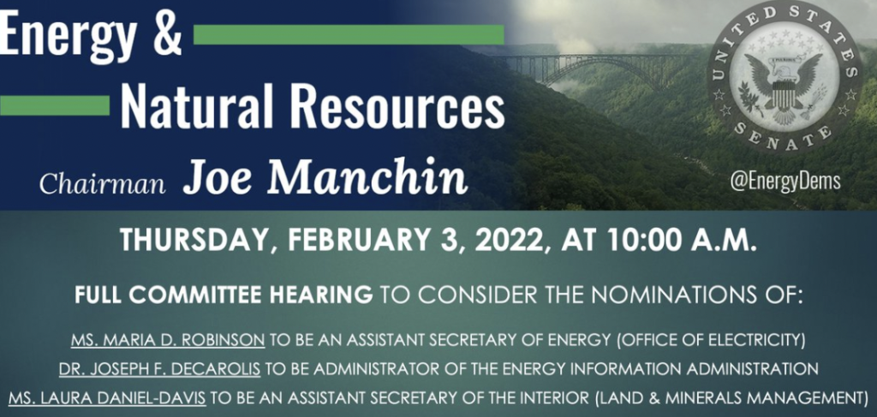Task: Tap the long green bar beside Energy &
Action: pos(349,34)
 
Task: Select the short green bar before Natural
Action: pos(55,105)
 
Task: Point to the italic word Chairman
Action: pos(103,183)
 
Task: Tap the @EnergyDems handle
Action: pos(785,182)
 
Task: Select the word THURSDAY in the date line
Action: pos(192,241)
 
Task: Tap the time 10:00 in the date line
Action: pos(646,240)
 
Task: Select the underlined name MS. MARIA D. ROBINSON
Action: pos(168,341)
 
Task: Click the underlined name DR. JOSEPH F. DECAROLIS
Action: pos(160,369)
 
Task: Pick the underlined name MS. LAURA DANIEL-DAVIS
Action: pos(107,398)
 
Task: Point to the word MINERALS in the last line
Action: pos(721,398)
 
